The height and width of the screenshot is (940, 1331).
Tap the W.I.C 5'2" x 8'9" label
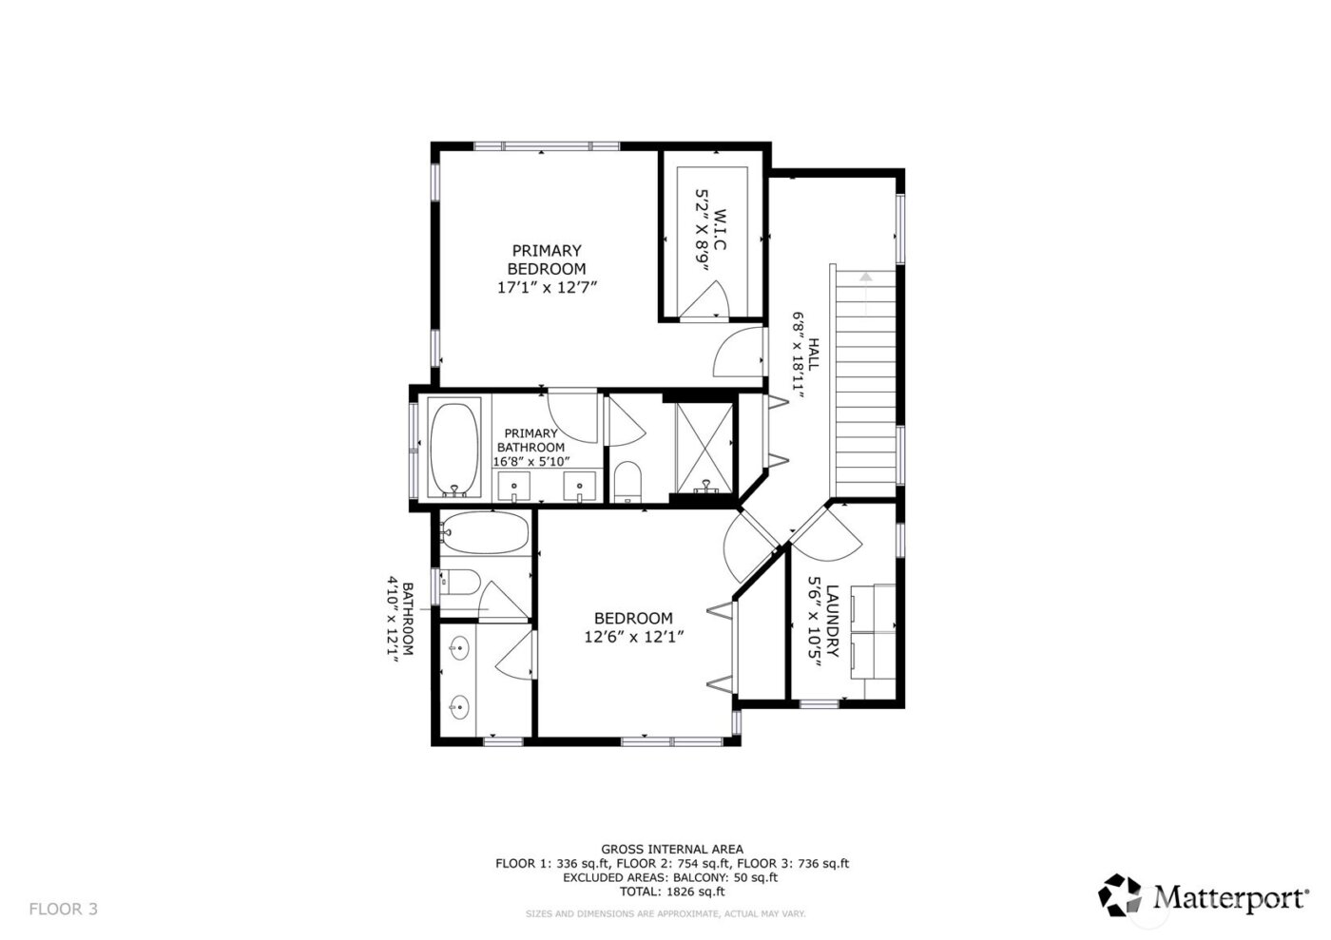[711, 240]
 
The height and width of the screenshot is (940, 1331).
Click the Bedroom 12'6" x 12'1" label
[633, 627]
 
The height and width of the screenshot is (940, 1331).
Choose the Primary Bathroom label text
[530, 447]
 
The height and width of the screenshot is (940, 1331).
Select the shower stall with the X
[704, 447]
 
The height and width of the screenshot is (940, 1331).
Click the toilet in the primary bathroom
[627, 480]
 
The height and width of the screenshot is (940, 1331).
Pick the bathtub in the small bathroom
[484, 534]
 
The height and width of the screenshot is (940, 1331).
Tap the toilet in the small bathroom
[460, 582]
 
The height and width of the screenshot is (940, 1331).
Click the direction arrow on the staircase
[865, 278]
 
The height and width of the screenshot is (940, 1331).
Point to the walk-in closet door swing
[707, 303]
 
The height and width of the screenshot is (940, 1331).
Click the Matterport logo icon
[1121, 894]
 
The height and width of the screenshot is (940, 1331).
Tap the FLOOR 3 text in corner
[64, 909]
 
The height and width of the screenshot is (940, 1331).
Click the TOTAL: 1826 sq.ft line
[671, 892]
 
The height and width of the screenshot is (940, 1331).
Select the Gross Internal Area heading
[671, 849]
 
